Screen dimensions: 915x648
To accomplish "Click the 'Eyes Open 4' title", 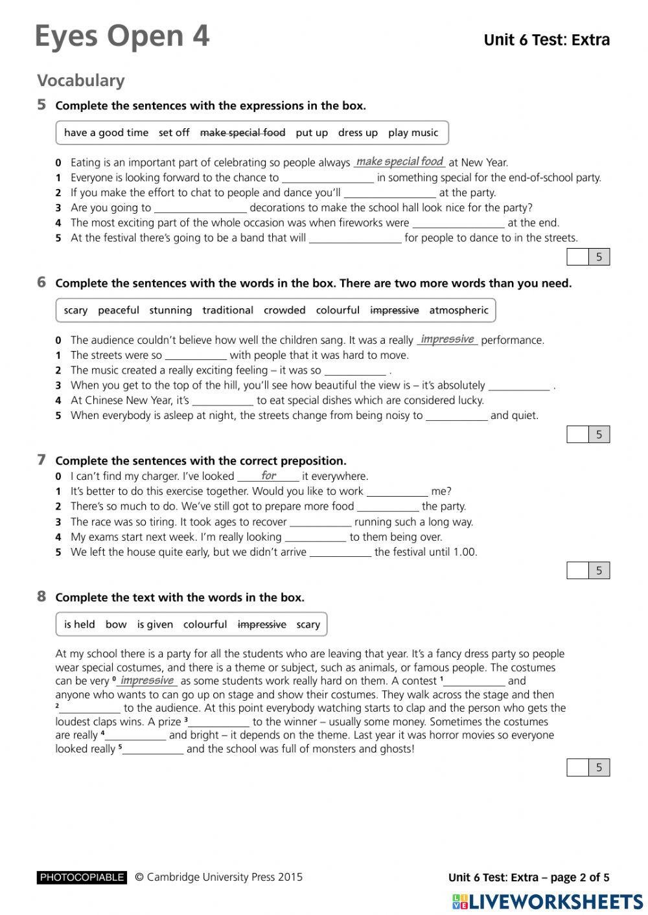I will [x=122, y=36].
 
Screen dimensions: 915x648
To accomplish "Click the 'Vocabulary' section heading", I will [x=80, y=81].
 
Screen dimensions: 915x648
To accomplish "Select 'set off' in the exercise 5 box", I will [x=174, y=133].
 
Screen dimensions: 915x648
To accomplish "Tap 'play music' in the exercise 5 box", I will [x=413, y=133].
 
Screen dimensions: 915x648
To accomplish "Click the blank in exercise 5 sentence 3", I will [x=200, y=209].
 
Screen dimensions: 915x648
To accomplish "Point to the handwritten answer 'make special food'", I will [x=399, y=162].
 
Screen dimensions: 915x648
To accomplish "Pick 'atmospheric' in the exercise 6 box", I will [x=458, y=310].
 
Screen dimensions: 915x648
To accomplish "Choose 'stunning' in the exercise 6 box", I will [x=170, y=310].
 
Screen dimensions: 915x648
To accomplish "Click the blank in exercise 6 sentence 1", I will [x=196, y=356].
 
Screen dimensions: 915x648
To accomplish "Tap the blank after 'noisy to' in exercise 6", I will [x=456, y=416].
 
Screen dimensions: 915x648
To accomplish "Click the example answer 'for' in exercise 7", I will [x=268, y=476].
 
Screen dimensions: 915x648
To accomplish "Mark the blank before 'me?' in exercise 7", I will [x=397, y=492].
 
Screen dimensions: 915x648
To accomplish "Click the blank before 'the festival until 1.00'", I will [x=340, y=553].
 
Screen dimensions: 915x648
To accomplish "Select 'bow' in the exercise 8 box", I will [x=116, y=624].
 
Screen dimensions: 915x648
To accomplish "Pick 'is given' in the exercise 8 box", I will [x=155, y=624].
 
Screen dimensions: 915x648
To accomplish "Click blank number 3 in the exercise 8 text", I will [x=219, y=723].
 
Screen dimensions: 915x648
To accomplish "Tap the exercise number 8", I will [x=41, y=596].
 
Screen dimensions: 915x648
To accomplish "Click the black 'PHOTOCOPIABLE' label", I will [x=82, y=877].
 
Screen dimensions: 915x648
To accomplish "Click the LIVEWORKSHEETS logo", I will [x=548, y=901].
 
